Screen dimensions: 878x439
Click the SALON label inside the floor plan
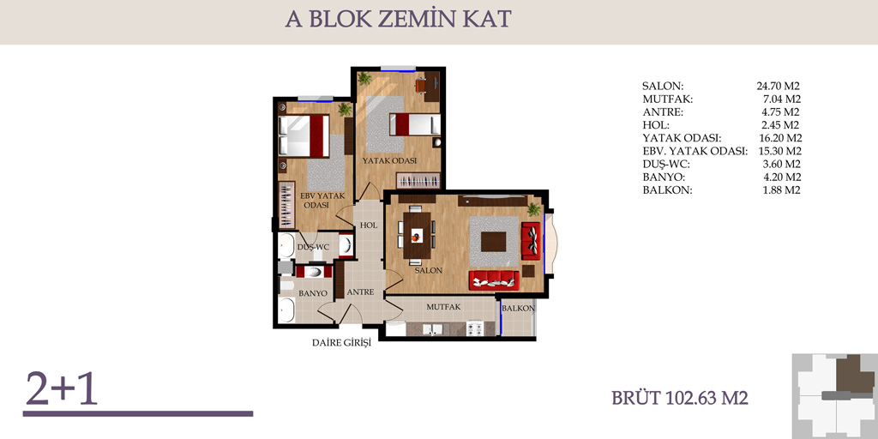click(x=429, y=270)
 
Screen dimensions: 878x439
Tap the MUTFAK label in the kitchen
click(x=443, y=307)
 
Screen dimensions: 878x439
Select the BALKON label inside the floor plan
click(x=519, y=309)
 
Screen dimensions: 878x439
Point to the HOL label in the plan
click(x=369, y=226)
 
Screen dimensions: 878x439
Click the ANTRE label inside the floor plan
click(x=360, y=292)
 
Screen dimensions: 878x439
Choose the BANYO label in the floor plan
click(x=312, y=293)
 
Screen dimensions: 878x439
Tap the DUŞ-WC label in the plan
click(x=313, y=248)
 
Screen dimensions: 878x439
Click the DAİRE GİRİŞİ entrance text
click(x=341, y=344)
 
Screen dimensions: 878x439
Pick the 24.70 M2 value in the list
click(x=779, y=87)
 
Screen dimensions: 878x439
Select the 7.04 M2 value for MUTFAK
click(x=781, y=99)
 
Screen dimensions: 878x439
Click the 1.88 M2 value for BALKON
click(x=781, y=189)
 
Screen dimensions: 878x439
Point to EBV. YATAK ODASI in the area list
click(x=695, y=151)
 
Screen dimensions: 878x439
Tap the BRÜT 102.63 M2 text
click(x=680, y=398)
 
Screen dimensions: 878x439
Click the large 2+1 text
click(x=62, y=388)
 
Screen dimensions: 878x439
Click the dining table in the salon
click(x=418, y=235)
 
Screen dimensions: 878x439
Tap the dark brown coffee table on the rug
click(x=493, y=242)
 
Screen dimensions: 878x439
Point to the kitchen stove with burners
click(x=475, y=328)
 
